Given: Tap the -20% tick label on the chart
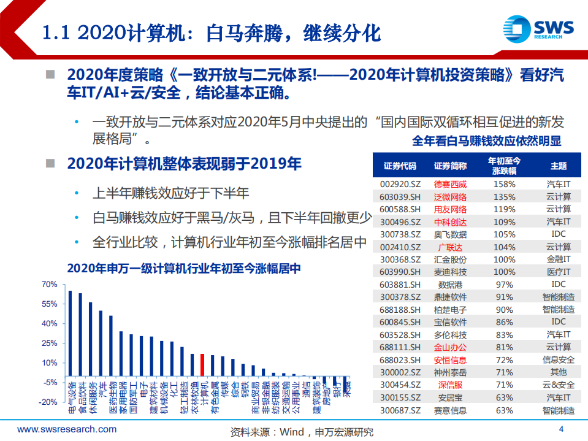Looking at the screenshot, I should pos(48,402).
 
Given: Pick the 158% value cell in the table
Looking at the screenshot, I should pos(504,183).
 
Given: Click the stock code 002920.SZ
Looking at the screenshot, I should pos(400,183).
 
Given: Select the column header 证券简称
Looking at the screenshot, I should pos(450,166).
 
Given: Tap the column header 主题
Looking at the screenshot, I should pos(558,166).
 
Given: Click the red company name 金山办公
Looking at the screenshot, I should pos(450,347).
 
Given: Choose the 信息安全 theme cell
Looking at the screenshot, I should pos(558,359).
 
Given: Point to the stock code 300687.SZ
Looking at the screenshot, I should pos(400,410).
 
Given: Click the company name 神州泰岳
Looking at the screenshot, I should pos(450,372).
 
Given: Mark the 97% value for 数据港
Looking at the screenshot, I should pos(504,285).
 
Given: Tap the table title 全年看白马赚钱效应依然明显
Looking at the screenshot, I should pos(486,141).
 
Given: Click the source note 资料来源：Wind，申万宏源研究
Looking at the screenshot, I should pos(301,431).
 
